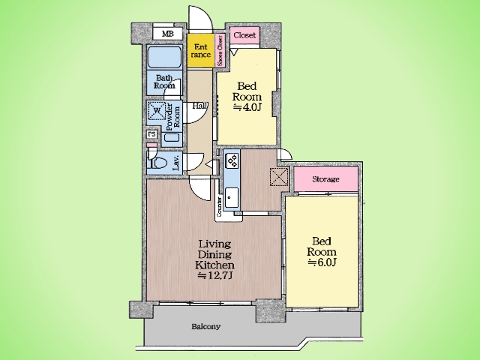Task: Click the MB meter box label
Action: point(168,34)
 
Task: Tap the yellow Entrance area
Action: point(200,50)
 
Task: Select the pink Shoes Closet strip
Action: point(220,50)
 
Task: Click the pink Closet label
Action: point(244,35)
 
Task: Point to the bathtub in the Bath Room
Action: point(164,57)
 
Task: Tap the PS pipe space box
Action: point(151,134)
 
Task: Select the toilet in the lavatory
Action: point(157,160)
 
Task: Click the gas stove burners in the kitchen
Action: point(232,160)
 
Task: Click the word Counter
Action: point(219,207)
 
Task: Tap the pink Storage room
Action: point(325,179)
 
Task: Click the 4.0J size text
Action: point(247,107)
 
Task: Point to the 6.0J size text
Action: point(322,262)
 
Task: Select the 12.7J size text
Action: point(215,275)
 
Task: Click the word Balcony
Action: point(206,327)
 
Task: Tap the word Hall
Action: point(200,106)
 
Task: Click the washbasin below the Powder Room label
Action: point(172,136)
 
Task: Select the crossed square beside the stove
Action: point(279,176)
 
